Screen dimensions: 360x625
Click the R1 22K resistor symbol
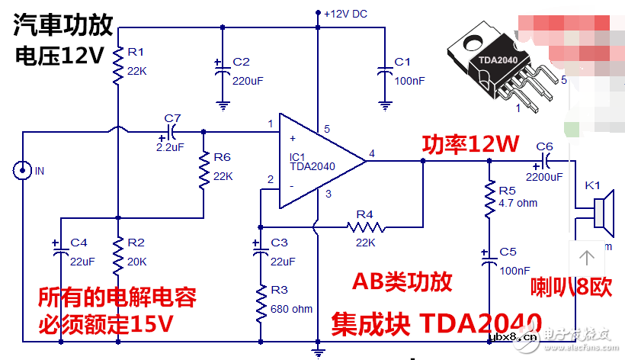click(118, 66)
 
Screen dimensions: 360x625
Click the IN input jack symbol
click(22, 170)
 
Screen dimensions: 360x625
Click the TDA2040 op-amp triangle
click(316, 161)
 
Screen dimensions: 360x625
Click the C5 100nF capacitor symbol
click(489, 260)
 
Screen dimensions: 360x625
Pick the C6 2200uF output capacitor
click(544, 161)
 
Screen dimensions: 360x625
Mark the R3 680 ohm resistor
click(261, 303)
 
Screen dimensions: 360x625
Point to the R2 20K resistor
click(118, 256)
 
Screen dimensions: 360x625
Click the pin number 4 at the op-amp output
click(372, 153)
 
